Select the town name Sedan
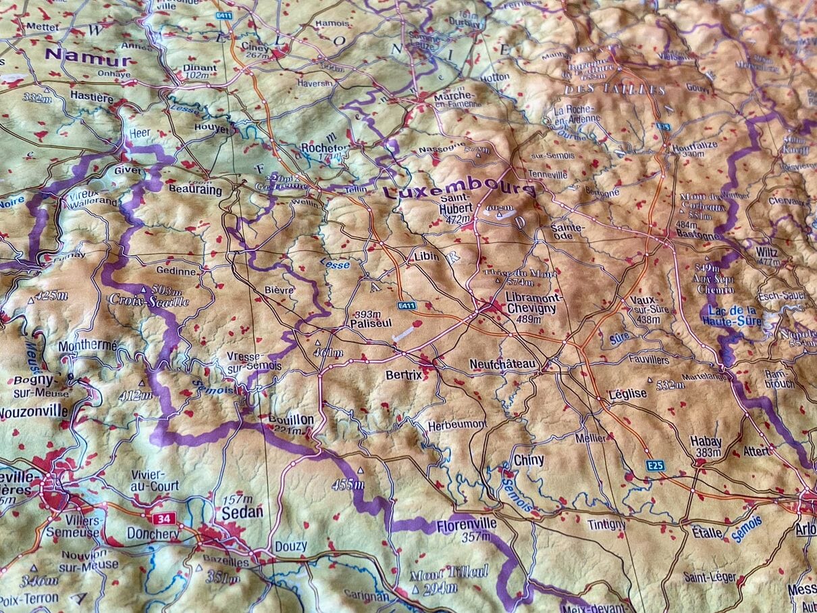point(242,512)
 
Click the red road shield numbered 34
point(162,519)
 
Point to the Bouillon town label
point(291,420)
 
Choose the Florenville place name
point(467,524)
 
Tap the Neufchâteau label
point(502,364)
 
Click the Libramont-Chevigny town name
point(531,302)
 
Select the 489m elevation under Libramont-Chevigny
point(528,319)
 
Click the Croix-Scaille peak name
point(149,301)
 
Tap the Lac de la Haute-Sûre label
point(732,317)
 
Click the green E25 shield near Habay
point(654,465)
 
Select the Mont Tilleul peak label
point(449,572)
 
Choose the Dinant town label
point(200,68)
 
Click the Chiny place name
point(529,460)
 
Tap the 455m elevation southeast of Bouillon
point(348,485)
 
